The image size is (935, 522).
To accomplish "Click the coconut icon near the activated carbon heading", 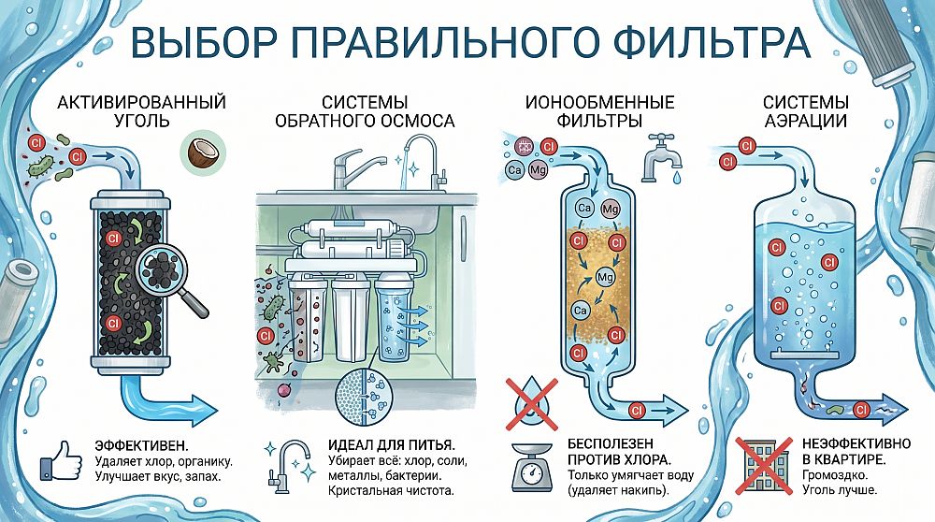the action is [203, 153].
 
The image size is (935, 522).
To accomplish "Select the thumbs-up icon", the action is [61, 460].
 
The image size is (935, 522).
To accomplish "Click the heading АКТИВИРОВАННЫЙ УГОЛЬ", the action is [141, 111].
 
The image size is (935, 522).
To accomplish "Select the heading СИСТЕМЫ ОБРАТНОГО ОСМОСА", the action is [365, 111].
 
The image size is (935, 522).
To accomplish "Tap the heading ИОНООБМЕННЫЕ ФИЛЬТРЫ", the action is [599, 111].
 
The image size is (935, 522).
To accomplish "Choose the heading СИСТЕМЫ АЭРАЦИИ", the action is [806, 111].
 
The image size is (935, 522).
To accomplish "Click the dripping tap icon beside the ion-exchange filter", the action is [661, 158].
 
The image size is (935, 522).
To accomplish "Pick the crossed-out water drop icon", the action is [532, 404].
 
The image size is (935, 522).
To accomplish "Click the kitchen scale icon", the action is [532, 467].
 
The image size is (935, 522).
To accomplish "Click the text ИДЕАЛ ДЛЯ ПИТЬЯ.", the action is [391, 445].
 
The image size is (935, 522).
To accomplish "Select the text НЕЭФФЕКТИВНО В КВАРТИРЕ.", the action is [856, 452].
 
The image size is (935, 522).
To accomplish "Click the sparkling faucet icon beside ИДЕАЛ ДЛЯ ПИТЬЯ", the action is [290, 467].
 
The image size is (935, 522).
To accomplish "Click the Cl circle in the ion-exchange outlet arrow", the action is [637, 411].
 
